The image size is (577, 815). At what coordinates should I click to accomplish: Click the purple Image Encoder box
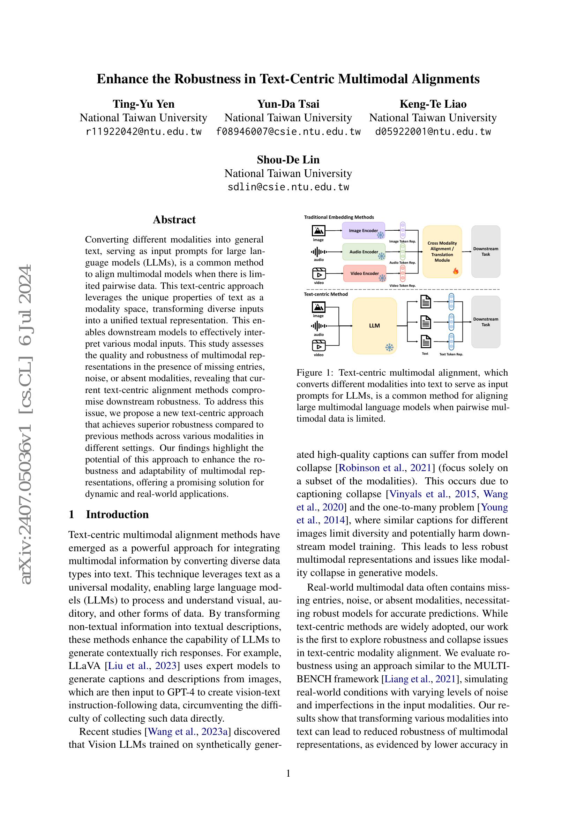pos(363,230)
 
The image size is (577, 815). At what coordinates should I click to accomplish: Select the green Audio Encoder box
pos(364,252)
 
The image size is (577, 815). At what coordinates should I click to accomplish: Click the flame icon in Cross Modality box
pos(456,271)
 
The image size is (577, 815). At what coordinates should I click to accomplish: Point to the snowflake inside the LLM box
pos(389,347)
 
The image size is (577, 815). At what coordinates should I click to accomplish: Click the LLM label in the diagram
pos(374,325)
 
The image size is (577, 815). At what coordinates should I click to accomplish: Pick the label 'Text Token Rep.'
pos(451,354)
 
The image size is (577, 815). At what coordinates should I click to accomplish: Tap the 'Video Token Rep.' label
pos(403,285)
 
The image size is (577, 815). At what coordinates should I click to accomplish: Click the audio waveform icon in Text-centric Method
pos(319,326)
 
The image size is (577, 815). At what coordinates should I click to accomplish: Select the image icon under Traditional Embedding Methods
pos(319,231)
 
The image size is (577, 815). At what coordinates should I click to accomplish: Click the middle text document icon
pos(426,322)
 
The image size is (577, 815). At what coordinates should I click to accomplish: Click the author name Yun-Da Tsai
pos(288,104)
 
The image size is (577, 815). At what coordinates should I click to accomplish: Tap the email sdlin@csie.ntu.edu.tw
pos(288,187)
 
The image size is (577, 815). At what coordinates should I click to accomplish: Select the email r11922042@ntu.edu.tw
pos(143,132)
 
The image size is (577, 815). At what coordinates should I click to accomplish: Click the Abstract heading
pos(174,220)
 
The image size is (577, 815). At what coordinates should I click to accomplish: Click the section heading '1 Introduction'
pos(109,514)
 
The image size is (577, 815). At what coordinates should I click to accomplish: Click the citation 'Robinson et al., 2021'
pos(385,468)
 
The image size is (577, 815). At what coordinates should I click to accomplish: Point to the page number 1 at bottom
pos(288,773)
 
